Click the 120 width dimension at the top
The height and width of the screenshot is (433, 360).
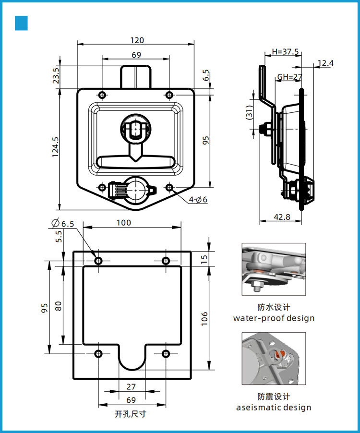[136, 40]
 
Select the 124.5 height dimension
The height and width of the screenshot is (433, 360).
[56, 147]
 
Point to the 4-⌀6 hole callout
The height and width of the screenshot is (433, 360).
[198, 199]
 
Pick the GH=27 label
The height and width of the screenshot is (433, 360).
[289, 77]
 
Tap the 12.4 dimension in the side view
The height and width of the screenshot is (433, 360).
[325, 63]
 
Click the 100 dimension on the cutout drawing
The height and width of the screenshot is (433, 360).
[123, 223]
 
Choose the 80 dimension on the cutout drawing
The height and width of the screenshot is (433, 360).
[58, 306]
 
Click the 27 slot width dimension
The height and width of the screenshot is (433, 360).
[131, 387]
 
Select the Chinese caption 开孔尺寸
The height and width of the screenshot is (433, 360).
[131, 414]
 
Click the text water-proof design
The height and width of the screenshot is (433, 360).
[274, 318]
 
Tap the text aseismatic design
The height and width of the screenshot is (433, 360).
[274, 408]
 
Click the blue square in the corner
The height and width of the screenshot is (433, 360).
[22, 23]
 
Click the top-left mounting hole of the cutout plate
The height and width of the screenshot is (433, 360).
[98, 261]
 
